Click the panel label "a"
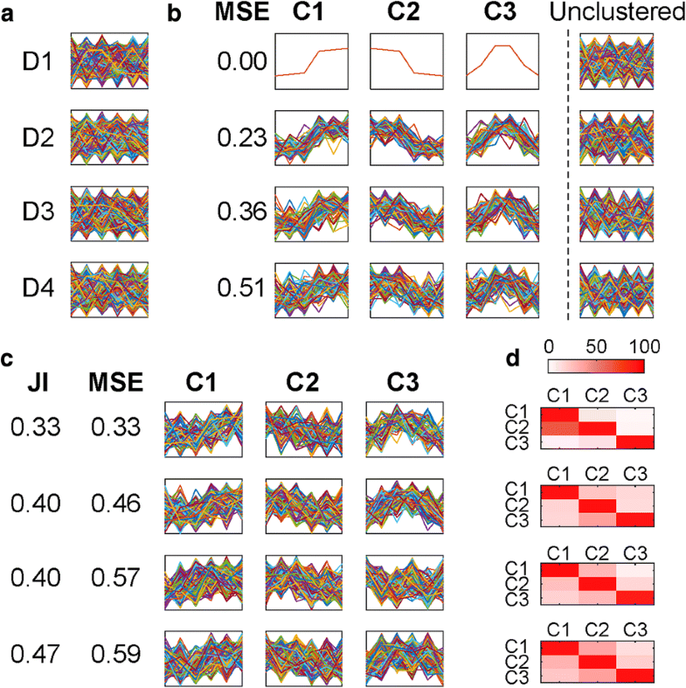tap(8, 14)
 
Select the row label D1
tap(38, 62)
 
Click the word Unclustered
tap(616, 14)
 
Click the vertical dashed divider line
tap(569, 175)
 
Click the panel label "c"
tap(8, 358)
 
